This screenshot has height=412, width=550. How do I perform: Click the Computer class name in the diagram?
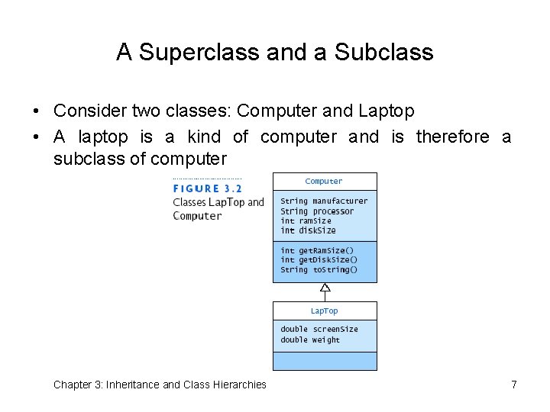tap(324, 182)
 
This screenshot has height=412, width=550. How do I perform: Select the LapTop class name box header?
tap(324, 311)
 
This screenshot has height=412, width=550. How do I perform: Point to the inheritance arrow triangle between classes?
tap(325, 288)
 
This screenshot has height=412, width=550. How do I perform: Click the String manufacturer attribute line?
tap(324, 201)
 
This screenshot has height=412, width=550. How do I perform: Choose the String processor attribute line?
tap(317, 211)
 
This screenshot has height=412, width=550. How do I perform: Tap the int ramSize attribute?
tap(306, 221)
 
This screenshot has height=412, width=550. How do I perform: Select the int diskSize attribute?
tap(308, 230)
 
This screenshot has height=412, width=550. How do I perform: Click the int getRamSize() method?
tap(317, 250)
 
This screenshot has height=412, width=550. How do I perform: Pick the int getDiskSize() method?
tap(319, 260)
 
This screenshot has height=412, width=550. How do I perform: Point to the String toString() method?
tap(319, 270)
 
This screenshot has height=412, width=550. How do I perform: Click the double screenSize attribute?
tap(319, 330)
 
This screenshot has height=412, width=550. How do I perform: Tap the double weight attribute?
tap(310, 340)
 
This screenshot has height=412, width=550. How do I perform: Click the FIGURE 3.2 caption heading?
tap(207, 188)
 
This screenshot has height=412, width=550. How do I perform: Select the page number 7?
tap(514, 385)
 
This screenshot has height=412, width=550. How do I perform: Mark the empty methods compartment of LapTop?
tap(325, 361)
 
